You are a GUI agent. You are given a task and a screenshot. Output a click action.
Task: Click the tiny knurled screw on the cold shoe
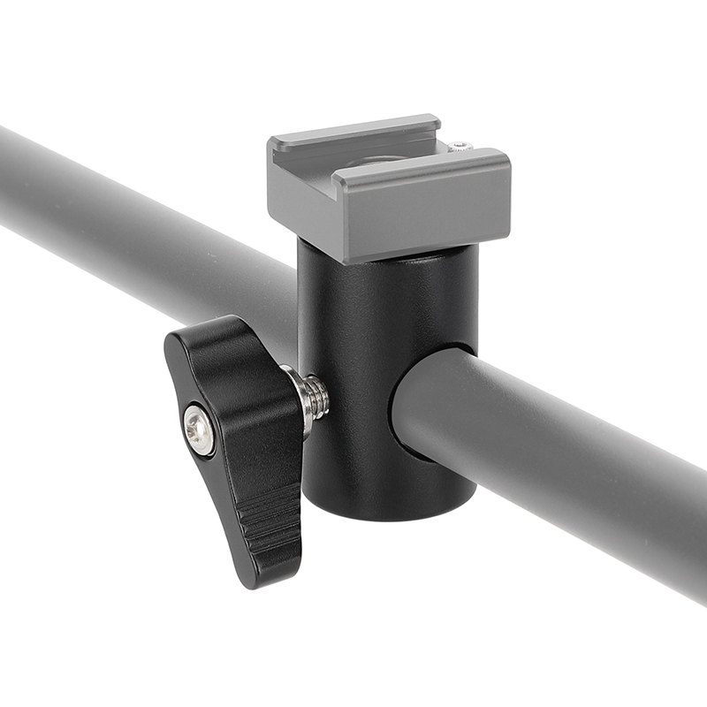[x=460, y=146]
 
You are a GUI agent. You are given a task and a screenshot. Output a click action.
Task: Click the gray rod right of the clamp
[x=548, y=460]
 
